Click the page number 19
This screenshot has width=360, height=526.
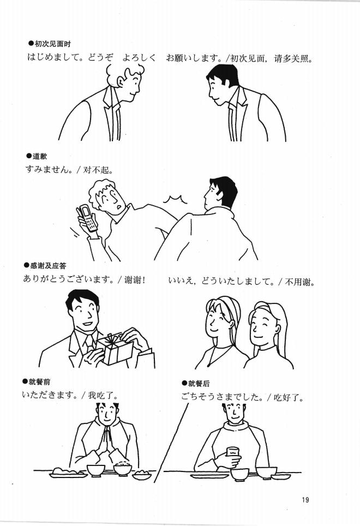point(304,499)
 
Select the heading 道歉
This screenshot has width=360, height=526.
point(39,157)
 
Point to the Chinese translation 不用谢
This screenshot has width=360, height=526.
point(302,282)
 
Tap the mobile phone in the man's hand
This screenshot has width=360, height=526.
point(87,218)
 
